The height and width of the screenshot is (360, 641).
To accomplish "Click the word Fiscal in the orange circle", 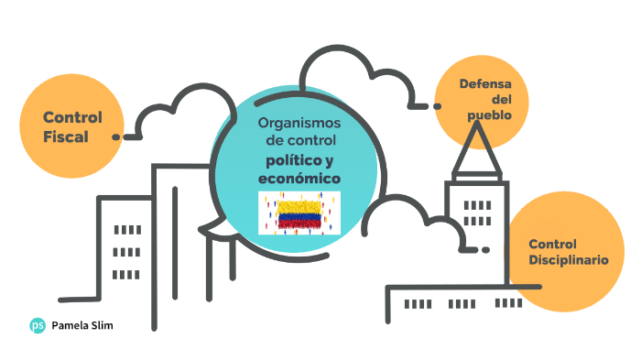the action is (65, 136).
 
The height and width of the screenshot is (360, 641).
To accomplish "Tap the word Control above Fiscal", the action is (72, 117).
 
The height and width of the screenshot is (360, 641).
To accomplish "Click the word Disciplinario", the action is (568, 260).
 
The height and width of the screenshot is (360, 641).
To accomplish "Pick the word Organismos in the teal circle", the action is (299, 122).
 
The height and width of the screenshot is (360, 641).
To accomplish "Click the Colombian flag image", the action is (299, 213).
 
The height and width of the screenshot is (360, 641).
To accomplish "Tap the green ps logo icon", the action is (38, 324).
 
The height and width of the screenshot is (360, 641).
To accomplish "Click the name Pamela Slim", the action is (83, 325).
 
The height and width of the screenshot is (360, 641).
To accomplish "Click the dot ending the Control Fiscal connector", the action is (116, 136).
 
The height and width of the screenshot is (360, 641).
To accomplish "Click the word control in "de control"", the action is (311, 141).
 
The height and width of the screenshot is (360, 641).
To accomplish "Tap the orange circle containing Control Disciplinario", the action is (563, 252).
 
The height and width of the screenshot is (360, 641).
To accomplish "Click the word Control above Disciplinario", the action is (553, 244).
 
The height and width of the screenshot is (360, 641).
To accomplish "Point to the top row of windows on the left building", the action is (126, 230).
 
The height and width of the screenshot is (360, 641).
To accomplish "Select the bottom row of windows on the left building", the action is (126, 274).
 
